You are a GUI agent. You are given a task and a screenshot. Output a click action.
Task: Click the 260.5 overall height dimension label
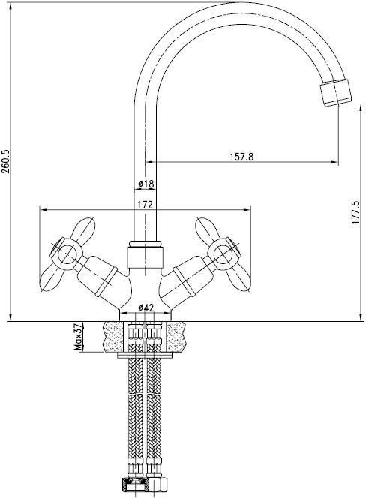6,162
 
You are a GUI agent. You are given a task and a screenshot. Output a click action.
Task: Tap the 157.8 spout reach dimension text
241,157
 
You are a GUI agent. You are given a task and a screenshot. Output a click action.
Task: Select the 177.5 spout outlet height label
355,212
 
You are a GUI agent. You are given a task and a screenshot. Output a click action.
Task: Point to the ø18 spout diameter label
145,184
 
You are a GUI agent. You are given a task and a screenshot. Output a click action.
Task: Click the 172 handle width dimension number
145,205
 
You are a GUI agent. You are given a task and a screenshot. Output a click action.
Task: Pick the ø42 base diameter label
145,307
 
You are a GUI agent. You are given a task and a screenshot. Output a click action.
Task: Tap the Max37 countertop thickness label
78,337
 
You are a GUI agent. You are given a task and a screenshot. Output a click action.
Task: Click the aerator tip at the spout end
336,92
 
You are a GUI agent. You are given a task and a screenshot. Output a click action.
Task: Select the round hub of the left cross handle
66,253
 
